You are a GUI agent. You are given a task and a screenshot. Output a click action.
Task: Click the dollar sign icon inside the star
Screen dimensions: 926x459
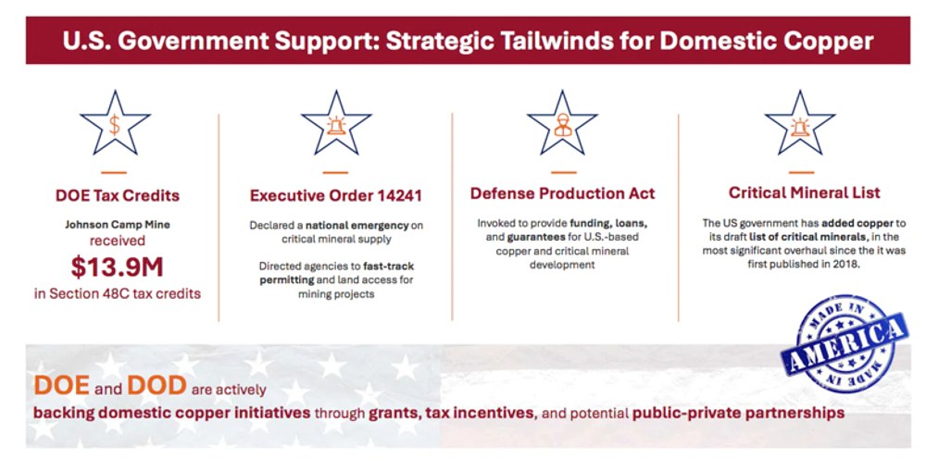tap(115, 125)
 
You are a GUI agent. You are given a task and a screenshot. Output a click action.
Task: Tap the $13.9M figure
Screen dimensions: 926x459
tap(117, 267)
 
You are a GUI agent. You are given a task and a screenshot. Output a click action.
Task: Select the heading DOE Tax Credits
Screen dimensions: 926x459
tap(117, 195)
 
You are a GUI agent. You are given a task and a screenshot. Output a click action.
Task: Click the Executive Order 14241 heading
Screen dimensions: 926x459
tap(336, 195)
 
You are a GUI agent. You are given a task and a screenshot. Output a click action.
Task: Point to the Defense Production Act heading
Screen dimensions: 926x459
tap(563, 193)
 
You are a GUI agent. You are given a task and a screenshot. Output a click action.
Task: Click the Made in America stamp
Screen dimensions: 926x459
tap(844, 342)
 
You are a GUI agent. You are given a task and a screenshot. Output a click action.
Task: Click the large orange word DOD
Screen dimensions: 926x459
tap(156, 385)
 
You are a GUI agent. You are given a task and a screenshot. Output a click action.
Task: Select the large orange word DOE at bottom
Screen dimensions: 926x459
tap(61, 385)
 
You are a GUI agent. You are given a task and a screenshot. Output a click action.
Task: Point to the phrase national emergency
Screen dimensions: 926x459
tap(357, 226)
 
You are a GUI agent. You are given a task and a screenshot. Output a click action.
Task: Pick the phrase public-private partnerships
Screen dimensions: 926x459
tap(738, 413)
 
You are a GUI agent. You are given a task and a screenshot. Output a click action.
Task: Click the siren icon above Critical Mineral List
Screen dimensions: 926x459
tap(800, 125)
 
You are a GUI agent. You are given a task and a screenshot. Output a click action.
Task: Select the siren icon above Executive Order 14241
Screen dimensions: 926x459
tap(336, 125)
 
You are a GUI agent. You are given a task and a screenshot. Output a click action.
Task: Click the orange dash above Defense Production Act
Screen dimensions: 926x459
tap(563, 172)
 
